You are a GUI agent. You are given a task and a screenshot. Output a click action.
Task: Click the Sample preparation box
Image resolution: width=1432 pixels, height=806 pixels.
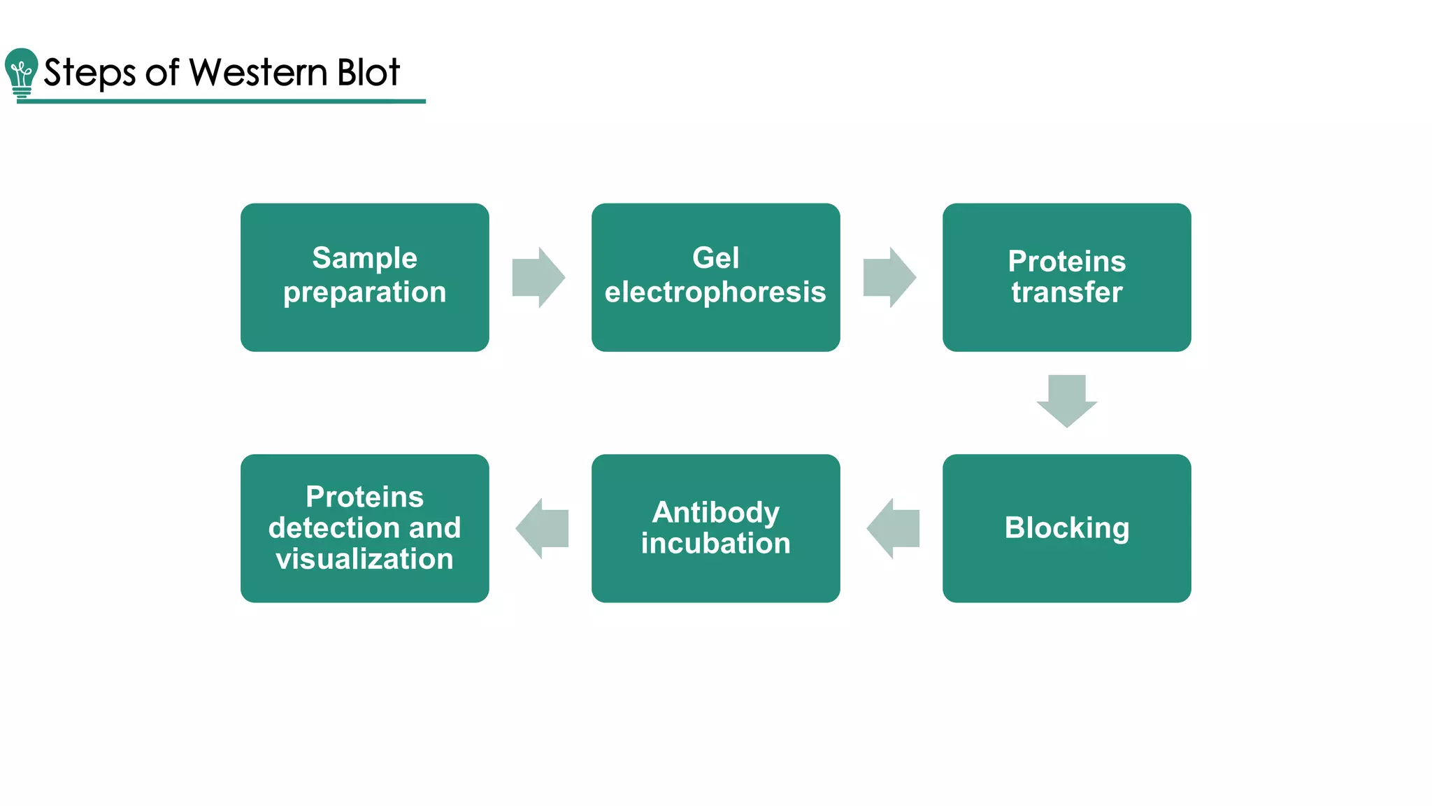point(364,277)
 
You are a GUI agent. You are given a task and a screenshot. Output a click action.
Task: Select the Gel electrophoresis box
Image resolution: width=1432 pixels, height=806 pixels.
point(715,277)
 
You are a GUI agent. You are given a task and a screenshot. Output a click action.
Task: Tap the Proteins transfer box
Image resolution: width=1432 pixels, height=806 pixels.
point(1066,277)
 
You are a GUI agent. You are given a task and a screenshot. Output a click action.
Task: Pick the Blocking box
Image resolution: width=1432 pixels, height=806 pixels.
point(1066,528)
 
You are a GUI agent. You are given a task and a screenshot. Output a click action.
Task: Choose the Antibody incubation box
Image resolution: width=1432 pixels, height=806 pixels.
point(715,528)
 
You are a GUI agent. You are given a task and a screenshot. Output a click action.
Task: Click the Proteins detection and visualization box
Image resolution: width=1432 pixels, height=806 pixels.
point(364,528)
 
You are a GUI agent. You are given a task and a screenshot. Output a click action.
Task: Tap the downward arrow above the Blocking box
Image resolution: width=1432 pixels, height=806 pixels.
point(1066,400)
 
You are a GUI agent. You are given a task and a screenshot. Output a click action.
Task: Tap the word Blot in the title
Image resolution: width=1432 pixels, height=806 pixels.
point(368,72)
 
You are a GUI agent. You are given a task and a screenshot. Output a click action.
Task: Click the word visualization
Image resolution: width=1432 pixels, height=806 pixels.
point(364,559)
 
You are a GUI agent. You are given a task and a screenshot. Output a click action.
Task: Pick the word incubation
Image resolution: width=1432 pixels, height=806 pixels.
point(715,544)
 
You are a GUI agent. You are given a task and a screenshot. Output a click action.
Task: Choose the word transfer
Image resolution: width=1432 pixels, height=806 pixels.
point(1066,292)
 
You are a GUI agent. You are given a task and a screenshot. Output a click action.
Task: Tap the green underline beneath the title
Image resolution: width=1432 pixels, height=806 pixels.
point(221,101)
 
